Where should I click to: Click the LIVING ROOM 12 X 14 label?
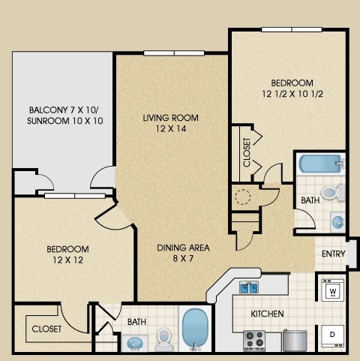pyautogui.click(x=170, y=123)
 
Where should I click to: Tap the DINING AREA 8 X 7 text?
pyautogui.click(x=183, y=254)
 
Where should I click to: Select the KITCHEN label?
pyautogui.click(x=266, y=313)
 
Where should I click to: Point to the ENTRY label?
pyautogui.click(x=333, y=254)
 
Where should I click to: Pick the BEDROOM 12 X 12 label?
pyautogui.click(x=67, y=254)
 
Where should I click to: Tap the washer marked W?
pyautogui.click(x=331, y=289)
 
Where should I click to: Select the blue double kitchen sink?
pyautogui.click(x=249, y=287)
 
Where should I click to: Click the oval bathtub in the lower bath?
pyautogui.click(x=197, y=328)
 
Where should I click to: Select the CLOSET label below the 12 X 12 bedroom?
pyautogui.click(x=47, y=329)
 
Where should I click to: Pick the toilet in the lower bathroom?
pyautogui.click(x=164, y=340)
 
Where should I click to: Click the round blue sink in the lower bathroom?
pyautogui.click(x=136, y=342)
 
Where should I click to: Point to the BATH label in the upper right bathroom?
pyautogui.click(x=310, y=201)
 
